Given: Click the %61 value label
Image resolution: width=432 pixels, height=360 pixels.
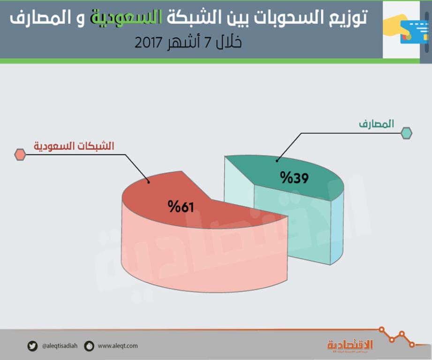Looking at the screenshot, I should click(x=181, y=207).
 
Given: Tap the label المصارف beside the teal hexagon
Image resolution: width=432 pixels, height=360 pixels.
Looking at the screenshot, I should click(x=376, y=124).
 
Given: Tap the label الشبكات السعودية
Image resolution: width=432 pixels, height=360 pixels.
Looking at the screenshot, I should click(x=74, y=146).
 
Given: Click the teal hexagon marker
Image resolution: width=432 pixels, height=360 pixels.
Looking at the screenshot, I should click(x=406, y=133).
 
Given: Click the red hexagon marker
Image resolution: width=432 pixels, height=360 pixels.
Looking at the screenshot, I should click(x=20, y=155).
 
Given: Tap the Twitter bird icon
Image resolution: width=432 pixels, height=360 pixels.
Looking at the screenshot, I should click(x=32, y=346).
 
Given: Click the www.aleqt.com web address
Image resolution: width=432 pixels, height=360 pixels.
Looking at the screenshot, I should click(x=118, y=346).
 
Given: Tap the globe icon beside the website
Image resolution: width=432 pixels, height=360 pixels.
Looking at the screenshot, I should click(x=89, y=346).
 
